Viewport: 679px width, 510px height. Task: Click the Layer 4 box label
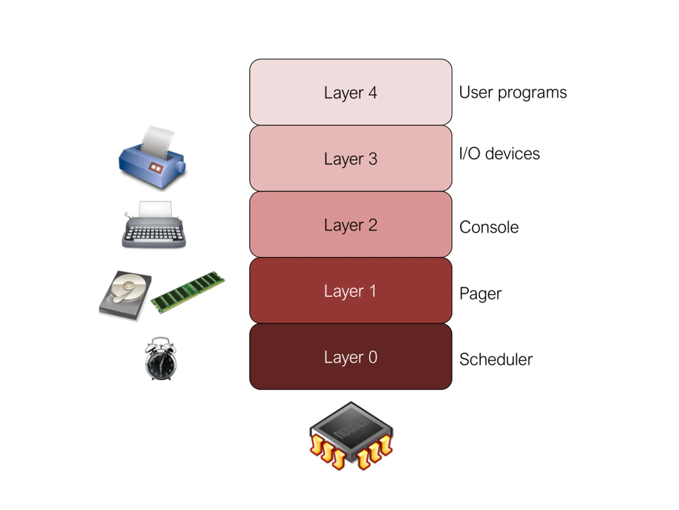point(350,92)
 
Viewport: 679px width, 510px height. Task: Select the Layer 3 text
point(350,159)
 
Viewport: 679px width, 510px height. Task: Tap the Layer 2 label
point(350,225)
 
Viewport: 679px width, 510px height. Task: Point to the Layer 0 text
point(350,357)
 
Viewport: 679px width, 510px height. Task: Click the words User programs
point(513,92)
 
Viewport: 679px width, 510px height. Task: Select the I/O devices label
point(499,154)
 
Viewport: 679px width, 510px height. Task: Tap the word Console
point(489,227)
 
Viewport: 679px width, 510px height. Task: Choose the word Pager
point(480,294)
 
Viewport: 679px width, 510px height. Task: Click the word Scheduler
point(496,359)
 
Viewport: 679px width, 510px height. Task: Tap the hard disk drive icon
point(125,295)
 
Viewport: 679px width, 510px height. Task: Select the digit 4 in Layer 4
point(372,92)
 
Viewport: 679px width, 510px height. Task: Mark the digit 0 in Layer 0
point(373,357)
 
